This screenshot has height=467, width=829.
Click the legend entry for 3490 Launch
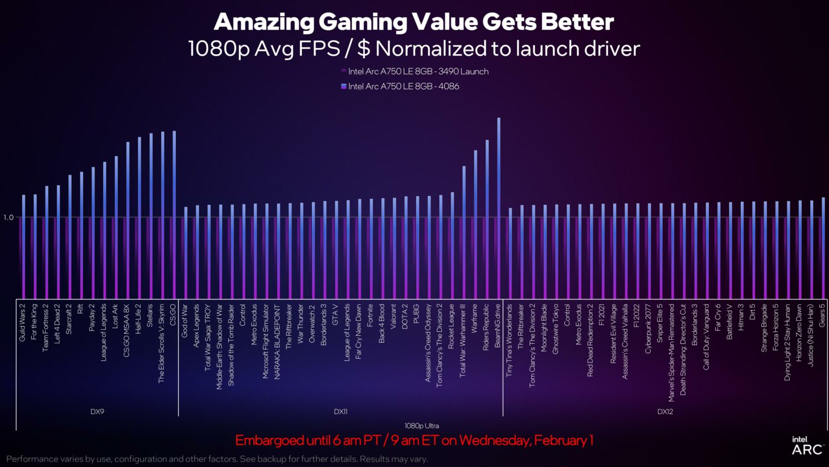click(x=418, y=71)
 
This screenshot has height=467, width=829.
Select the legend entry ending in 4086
click(x=403, y=86)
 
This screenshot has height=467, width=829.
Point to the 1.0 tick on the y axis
click(x=8, y=217)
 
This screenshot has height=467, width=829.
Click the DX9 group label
click(x=97, y=411)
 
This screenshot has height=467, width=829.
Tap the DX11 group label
click(x=340, y=411)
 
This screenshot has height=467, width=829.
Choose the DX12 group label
click(x=665, y=411)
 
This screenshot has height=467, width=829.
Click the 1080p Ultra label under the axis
click(x=421, y=425)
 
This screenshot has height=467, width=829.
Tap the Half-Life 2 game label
click(x=139, y=322)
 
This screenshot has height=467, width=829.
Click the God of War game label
click(x=185, y=321)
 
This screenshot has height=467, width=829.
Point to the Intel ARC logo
click(x=807, y=446)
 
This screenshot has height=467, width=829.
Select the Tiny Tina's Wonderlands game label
click(x=510, y=339)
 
